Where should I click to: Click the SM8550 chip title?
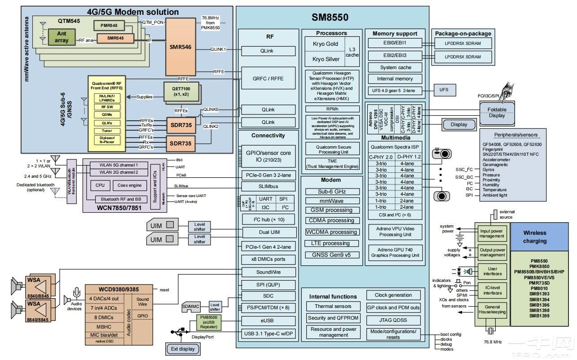(x=330, y=18)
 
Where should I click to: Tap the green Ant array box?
(x=62, y=37)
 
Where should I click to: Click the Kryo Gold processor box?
(x=325, y=44)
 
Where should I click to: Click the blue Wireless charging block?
(x=534, y=237)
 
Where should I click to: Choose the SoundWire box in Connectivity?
(x=269, y=272)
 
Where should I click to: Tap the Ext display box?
(x=184, y=349)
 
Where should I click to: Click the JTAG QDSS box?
(x=393, y=320)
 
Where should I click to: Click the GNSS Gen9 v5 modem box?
(x=331, y=255)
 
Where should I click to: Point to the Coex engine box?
(x=129, y=185)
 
